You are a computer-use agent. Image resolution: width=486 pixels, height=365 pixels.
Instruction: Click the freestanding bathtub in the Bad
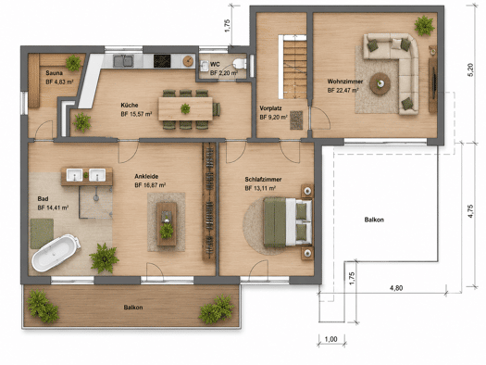56,253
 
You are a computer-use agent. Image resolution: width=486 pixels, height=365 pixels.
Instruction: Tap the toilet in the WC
240,63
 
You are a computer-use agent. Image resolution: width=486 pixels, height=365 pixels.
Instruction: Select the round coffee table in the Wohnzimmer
380,83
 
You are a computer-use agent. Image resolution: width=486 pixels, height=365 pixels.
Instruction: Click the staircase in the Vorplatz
294,67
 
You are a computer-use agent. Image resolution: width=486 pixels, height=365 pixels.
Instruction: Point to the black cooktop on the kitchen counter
162,61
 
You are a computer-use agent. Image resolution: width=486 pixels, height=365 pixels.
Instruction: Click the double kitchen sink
123,61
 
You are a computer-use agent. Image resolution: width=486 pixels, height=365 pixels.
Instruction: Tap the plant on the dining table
185,108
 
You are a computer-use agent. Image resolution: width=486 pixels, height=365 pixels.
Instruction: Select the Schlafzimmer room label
263,179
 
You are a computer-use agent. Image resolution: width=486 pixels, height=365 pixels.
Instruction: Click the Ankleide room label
146,176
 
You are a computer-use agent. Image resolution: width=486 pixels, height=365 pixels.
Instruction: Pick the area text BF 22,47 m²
343,91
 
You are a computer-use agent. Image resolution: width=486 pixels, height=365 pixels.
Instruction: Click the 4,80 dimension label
396,288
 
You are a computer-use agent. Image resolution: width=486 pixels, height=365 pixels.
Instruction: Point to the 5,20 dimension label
470,69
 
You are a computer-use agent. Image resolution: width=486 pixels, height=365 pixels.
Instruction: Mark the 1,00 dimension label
331,339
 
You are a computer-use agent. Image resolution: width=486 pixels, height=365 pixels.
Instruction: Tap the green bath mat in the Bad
42,233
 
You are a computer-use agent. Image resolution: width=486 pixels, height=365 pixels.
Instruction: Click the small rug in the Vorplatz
296,120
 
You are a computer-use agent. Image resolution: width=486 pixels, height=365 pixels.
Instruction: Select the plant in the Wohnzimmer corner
424,25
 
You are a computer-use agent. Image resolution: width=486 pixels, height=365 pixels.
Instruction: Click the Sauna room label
55,73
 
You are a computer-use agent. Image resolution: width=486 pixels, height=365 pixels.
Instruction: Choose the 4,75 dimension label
470,211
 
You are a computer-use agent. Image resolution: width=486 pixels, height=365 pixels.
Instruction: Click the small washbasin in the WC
205,66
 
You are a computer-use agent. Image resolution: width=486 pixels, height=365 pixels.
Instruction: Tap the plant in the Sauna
73,63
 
